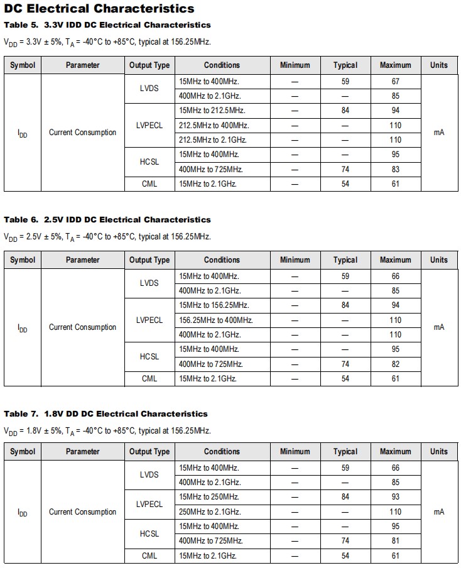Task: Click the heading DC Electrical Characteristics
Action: [x=99, y=9]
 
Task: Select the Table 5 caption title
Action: [x=107, y=25]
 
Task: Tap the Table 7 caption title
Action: [x=106, y=414]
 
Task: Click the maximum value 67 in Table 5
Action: [x=395, y=82]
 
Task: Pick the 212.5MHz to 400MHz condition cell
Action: [x=214, y=125]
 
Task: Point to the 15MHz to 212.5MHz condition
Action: [x=214, y=111]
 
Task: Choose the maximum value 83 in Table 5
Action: [x=395, y=169]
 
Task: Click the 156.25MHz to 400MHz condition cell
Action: [x=215, y=320]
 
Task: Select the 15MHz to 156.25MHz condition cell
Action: [x=214, y=305]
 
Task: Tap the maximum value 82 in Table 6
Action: [x=395, y=364]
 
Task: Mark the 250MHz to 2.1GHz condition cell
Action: [x=210, y=511]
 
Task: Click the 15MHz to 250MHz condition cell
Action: [x=209, y=497]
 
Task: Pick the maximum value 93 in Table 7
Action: [x=395, y=497]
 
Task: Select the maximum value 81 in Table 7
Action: [x=395, y=541]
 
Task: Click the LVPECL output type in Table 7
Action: [x=149, y=504]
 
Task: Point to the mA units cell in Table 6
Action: [x=439, y=327]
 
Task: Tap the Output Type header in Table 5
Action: [x=149, y=65]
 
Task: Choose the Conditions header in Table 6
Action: [x=222, y=260]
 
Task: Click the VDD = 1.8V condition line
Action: [x=107, y=431]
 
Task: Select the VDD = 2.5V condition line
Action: [x=107, y=237]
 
